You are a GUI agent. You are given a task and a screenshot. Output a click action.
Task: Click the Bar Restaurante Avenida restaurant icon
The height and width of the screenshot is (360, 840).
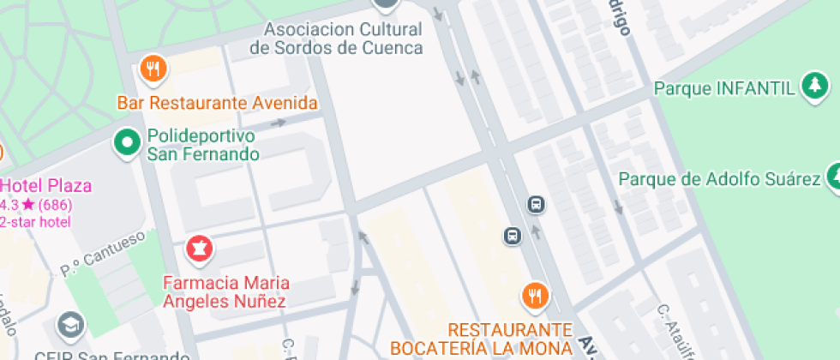[153, 69]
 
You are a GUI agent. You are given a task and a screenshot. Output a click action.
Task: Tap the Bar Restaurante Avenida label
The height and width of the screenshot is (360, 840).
[217, 104]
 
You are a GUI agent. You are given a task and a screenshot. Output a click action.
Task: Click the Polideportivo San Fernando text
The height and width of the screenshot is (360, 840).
[202, 146]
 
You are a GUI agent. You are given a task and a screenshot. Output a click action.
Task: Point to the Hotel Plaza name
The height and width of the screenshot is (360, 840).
[46, 186]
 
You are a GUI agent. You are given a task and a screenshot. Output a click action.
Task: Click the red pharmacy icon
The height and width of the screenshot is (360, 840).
[200, 249]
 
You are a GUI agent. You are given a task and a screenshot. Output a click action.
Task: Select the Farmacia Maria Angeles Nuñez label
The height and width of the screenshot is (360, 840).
[226, 291]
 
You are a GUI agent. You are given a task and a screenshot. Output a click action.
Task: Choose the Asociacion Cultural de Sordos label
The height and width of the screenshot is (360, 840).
[336, 39]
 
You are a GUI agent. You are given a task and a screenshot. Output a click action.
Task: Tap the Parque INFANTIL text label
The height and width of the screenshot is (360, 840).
[725, 88]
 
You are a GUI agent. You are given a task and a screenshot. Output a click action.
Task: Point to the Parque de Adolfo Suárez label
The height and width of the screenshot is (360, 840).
[720, 180]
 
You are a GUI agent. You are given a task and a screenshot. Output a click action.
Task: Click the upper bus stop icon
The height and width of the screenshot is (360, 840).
[537, 205]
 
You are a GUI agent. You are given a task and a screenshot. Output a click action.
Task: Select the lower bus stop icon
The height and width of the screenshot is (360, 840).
[513, 236]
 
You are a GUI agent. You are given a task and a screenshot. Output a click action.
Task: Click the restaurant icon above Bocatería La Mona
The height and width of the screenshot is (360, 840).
[536, 296]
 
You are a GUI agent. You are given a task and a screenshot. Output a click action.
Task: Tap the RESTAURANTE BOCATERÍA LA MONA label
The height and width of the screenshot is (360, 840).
[482, 339]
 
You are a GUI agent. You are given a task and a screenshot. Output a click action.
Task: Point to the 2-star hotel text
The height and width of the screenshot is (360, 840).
[36, 222]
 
